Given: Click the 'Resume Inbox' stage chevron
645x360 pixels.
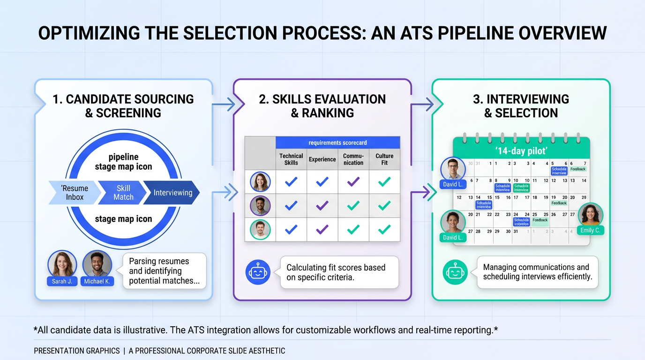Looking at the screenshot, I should pyautogui.click(x=74, y=193).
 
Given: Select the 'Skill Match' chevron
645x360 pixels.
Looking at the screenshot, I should pyautogui.click(x=123, y=193).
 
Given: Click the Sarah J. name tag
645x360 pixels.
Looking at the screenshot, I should pyautogui.click(x=62, y=281).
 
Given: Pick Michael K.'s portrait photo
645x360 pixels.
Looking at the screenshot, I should pyautogui.click(x=97, y=263).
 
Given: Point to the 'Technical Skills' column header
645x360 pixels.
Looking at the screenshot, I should pyautogui.click(x=291, y=159).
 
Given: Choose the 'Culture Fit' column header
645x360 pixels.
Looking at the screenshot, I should pyautogui.click(x=384, y=159).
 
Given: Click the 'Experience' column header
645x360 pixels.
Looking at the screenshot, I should pyautogui.click(x=322, y=159).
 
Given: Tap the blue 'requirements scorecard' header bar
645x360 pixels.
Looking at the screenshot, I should pyautogui.click(x=337, y=142).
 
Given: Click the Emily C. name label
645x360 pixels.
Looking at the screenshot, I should pyautogui.click(x=590, y=230).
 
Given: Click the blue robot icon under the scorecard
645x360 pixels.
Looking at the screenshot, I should pyautogui.click(x=258, y=272).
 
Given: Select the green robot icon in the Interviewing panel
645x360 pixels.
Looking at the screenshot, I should pyautogui.click(x=455, y=272).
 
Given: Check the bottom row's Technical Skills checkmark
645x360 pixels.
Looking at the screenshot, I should pyautogui.click(x=291, y=229).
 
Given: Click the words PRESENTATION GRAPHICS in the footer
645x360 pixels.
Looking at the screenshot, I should pyautogui.click(x=77, y=351).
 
